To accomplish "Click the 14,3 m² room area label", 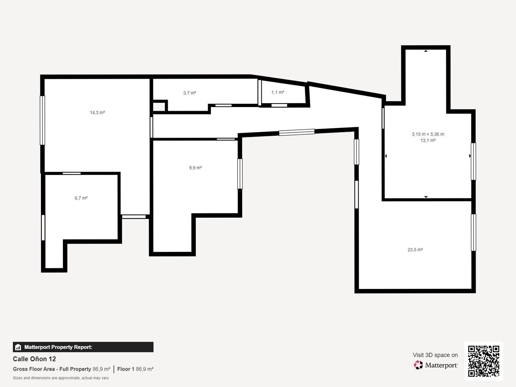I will point(97,112).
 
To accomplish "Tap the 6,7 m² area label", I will point(81,198).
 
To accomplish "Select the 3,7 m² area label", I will point(190,93).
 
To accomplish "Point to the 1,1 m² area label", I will point(278,92).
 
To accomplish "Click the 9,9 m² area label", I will point(195,168).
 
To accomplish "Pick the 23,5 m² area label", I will point(415,250).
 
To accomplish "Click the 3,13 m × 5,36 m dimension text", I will point(428,134).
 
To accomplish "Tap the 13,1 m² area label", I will point(428,140).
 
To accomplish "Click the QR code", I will point(483,361).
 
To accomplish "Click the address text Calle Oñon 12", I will point(34,359).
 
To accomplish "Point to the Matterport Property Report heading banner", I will point(83,347).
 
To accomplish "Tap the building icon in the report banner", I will point(18,347).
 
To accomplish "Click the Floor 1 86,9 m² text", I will point(135,369).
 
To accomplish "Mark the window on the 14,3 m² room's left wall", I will point(43,120).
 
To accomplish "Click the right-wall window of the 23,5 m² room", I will point(473,233).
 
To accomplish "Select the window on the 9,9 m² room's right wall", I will point(240,174).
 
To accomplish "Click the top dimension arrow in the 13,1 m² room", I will point(426,51).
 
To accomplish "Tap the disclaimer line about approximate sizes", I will point(61,378).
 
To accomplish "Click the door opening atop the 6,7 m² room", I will point(72,173).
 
